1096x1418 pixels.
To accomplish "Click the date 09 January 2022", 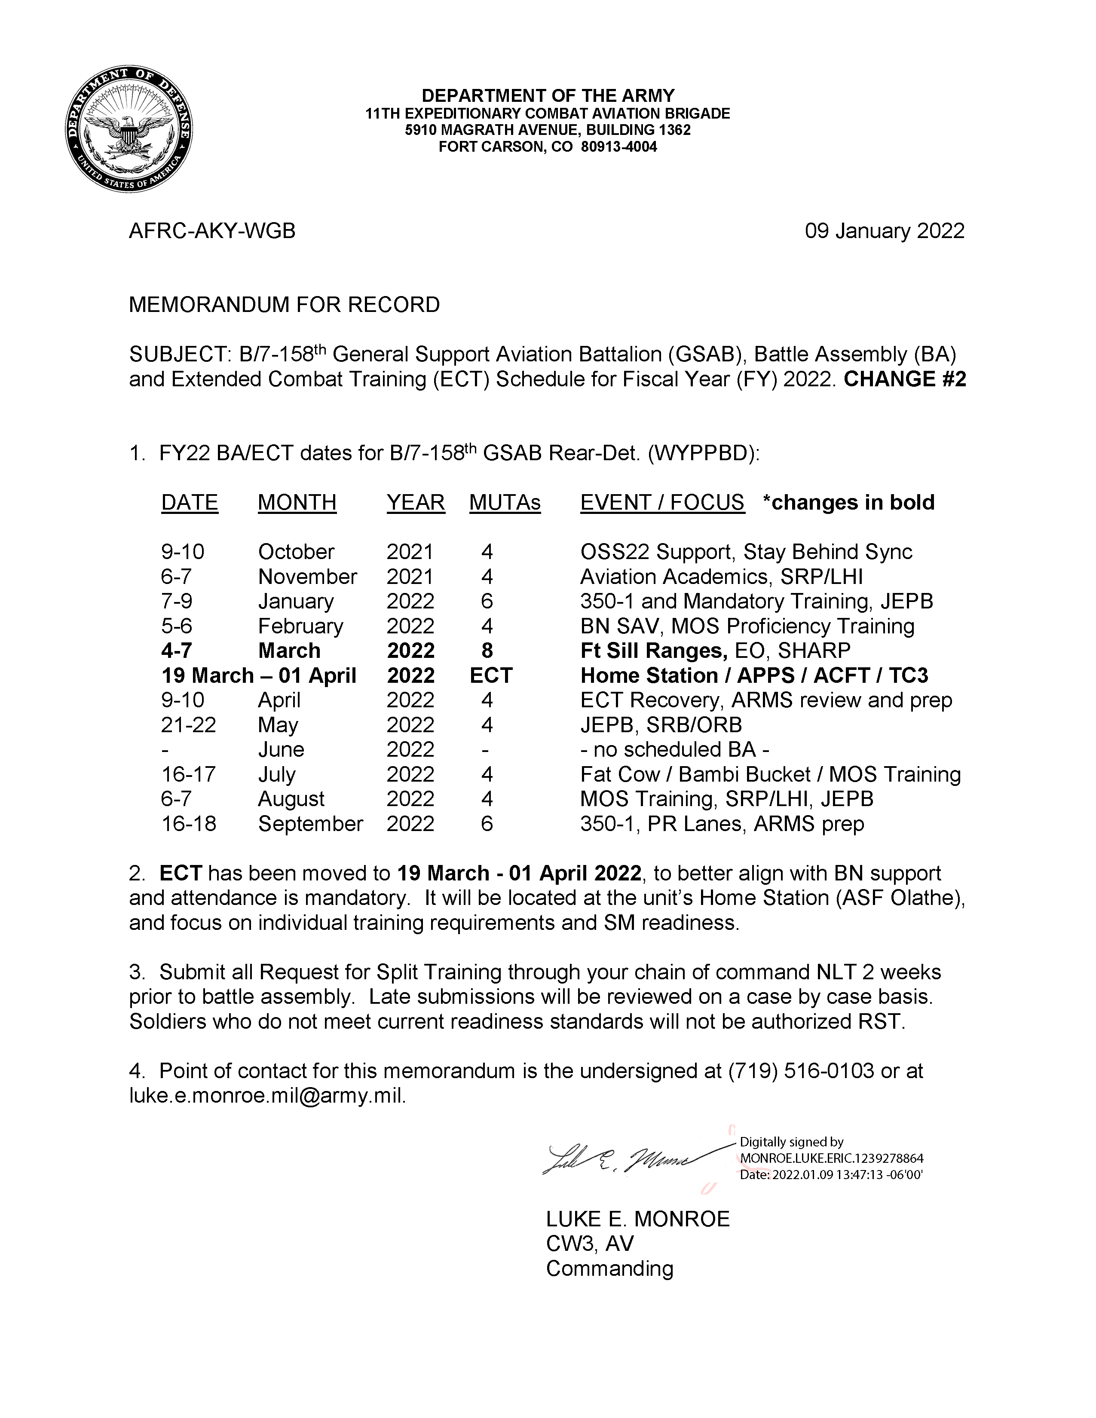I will coord(885,231).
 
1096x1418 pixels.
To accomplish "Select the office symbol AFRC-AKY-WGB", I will coord(212,231).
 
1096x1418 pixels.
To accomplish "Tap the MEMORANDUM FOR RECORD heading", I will coord(285,305).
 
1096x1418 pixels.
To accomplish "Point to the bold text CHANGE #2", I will coord(904,379).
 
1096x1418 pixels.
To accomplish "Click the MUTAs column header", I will coord(505,503).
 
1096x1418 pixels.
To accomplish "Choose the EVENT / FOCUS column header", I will coord(661,503).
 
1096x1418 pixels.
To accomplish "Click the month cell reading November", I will coord(307,577).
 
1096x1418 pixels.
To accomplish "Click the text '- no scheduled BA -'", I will coord(675,750).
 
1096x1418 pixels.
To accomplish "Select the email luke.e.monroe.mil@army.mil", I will coord(267,1096).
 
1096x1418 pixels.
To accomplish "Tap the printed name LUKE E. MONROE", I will coord(637,1219).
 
